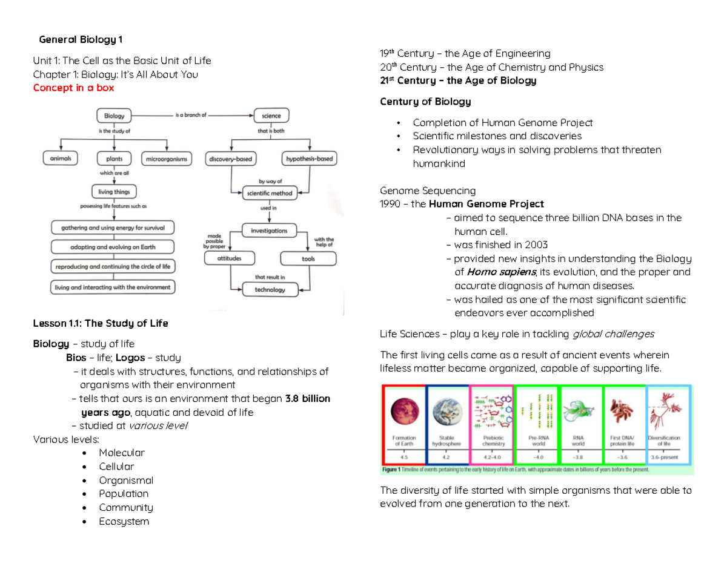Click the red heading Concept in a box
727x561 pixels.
point(73,88)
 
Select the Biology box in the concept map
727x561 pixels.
point(114,115)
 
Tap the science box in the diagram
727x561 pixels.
point(271,115)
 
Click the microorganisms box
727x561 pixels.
point(166,159)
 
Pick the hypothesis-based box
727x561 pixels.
point(309,159)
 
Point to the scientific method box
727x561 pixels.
point(270,193)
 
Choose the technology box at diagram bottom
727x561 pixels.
point(270,289)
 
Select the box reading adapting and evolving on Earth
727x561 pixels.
point(113,247)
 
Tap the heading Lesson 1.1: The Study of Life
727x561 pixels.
point(100,323)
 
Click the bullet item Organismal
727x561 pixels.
point(126,481)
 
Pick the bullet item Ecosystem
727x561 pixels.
point(124,521)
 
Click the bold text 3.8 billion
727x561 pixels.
point(307,399)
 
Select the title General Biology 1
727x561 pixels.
point(80,40)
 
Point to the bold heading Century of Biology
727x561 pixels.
point(425,101)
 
